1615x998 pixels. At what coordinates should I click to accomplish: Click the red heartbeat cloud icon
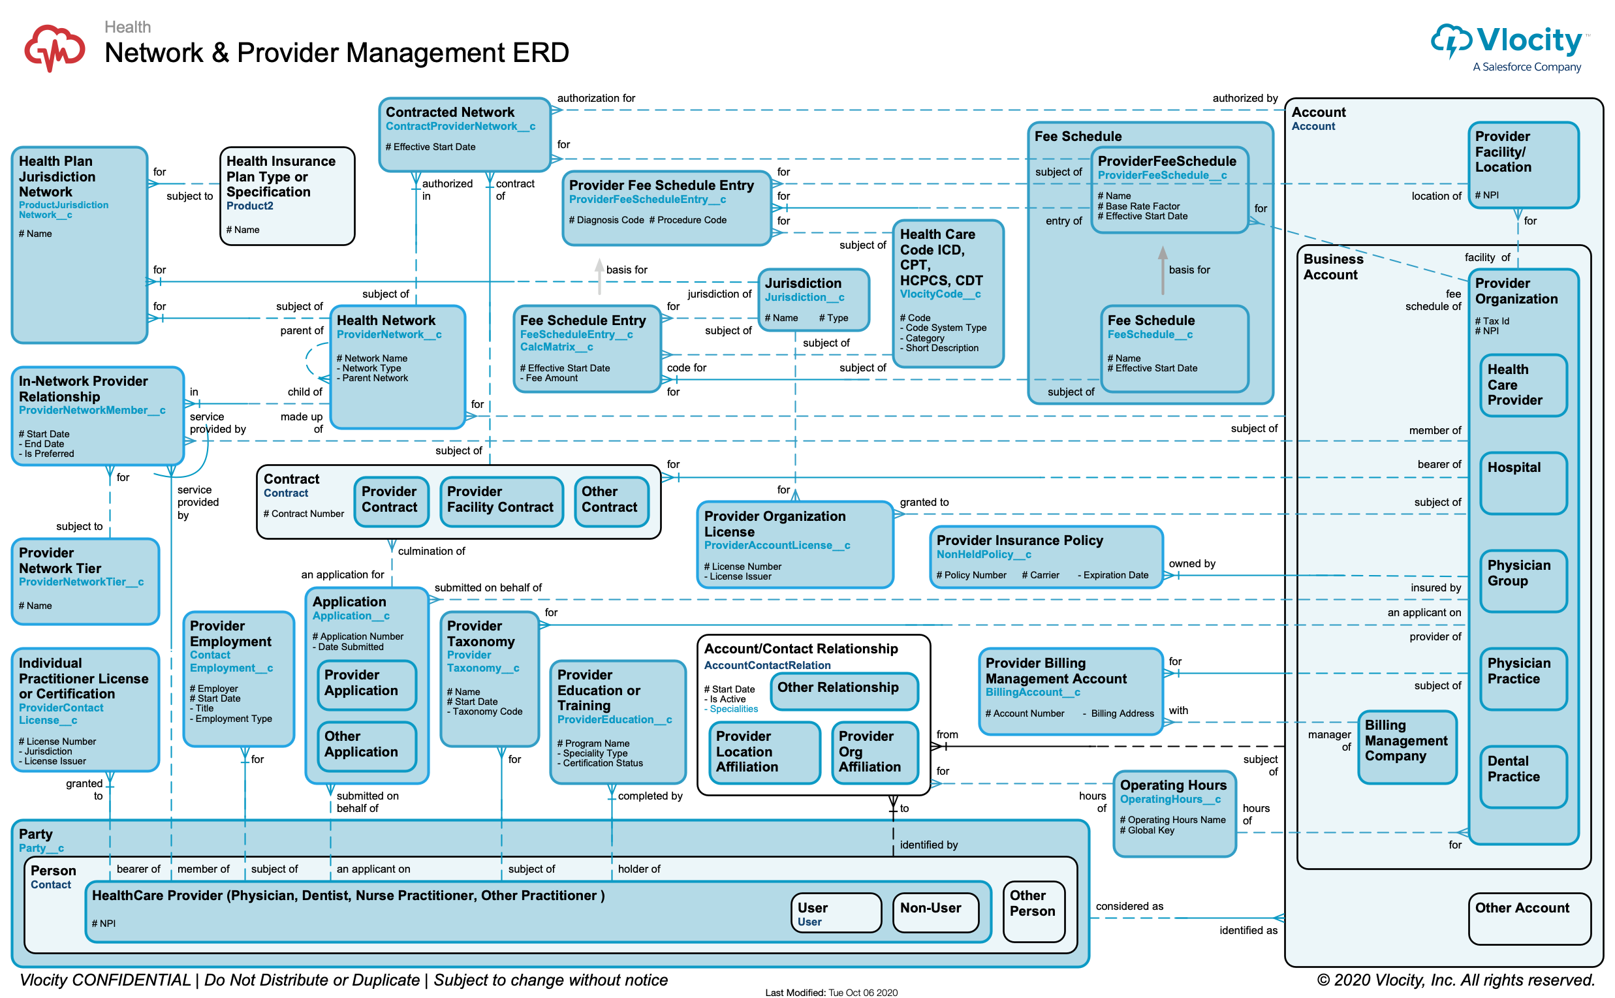coord(54,48)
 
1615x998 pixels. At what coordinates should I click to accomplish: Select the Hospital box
coord(1522,482)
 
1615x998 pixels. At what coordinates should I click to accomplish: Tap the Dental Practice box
coord(1522,776)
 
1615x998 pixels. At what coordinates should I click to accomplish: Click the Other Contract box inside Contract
coord(611,502)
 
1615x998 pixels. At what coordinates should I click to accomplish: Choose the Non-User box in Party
coord(935,912)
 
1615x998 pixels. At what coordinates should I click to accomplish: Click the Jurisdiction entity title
coord(802,283)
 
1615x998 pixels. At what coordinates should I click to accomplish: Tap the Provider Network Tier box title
coord(60,560)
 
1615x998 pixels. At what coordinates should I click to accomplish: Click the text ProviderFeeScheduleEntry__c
coord(647,199)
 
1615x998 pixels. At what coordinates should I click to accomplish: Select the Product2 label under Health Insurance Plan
coord(249,206)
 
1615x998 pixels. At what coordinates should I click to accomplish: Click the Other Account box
coord(1529,918)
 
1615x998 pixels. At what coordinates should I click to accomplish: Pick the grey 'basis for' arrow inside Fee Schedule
coord(1162,270)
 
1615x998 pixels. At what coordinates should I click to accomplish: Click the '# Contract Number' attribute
coord(304,514)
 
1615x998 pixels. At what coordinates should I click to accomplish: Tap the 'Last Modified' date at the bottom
coord(831,992)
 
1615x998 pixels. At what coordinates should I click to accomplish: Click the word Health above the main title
coord(127,27)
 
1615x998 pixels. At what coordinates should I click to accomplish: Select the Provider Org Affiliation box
coord(875,751)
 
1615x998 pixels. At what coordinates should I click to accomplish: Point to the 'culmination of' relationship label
coord(431,551)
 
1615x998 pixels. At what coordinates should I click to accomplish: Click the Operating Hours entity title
coord(1173,785)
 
